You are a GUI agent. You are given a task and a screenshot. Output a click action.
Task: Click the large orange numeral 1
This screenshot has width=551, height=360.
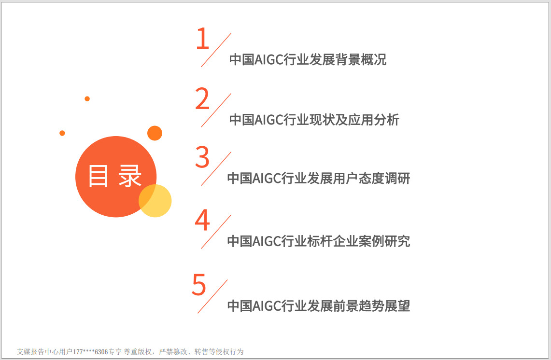point(203,38)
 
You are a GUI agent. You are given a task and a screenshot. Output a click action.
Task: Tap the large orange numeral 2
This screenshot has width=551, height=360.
point(202,98)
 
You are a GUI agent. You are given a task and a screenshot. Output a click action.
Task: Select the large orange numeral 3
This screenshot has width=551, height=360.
point(202,157)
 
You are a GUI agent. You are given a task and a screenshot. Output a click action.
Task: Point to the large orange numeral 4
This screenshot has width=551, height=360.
point(202,220)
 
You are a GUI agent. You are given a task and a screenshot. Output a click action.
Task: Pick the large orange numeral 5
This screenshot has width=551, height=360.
point(199,284)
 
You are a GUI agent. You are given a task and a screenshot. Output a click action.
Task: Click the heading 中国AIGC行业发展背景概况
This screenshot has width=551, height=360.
point(308,59)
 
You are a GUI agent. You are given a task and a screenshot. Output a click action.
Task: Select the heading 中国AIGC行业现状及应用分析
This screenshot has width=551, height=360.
point(314,120)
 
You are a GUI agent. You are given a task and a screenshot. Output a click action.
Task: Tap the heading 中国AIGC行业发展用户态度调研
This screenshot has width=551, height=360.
point(319,178)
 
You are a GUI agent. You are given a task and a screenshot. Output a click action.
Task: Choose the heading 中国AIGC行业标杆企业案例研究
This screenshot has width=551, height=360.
point(319,241)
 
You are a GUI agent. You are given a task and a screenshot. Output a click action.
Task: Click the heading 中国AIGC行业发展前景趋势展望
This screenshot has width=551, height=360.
point(319,305)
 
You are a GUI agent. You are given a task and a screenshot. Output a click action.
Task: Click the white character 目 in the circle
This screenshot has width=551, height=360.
point(98,176)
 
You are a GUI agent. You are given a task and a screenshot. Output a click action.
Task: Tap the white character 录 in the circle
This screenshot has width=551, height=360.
point(130,176)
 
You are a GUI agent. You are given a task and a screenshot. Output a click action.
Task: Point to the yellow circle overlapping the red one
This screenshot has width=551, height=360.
point(155,201)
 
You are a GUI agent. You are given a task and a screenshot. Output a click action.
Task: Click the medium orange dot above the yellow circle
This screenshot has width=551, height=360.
point(155,133)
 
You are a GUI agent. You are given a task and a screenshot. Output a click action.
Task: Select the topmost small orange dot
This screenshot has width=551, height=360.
point(87,99)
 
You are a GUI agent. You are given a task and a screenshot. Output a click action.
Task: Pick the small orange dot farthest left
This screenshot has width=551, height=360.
point(62,133)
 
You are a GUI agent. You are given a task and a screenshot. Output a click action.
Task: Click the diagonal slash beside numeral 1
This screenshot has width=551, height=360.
point(216,50)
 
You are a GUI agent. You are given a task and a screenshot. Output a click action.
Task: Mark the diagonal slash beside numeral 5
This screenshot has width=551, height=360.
point(212,296)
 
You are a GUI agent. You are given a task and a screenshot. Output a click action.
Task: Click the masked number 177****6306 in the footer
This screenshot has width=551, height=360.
point(90,352)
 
